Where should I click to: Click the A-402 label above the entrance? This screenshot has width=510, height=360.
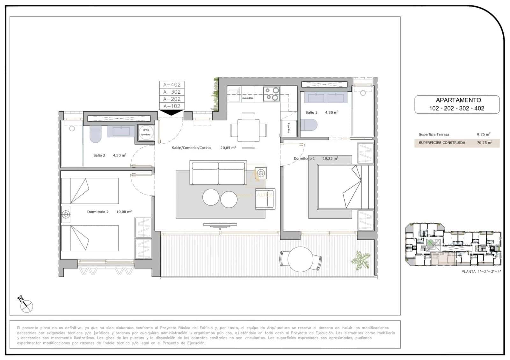pos(172,85)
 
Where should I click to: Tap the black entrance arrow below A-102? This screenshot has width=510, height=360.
pos(171,112)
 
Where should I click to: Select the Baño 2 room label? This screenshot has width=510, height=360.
pos(99,155)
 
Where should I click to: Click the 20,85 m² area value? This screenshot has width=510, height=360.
pos(228,148)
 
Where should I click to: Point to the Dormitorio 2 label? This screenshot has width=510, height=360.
pos(98,212)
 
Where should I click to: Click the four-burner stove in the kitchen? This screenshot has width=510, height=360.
pos(272,94)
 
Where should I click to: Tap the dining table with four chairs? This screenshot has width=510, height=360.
pos(248,130)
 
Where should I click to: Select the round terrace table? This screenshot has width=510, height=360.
pos(300,259)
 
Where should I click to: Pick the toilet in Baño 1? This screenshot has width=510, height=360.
pos(309,125)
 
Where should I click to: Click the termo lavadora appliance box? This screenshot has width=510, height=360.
pos(146,132)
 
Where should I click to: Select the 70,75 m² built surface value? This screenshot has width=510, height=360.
pos(484,143)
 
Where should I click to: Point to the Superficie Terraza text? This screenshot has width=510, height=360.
pos(434,134)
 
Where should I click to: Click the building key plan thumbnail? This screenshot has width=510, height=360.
pos(453,245)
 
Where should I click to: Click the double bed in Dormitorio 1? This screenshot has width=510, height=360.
pos(345,187)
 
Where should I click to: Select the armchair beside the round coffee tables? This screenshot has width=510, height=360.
pos(265,199)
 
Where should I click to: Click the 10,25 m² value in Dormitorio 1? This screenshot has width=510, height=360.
pos(330,158)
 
